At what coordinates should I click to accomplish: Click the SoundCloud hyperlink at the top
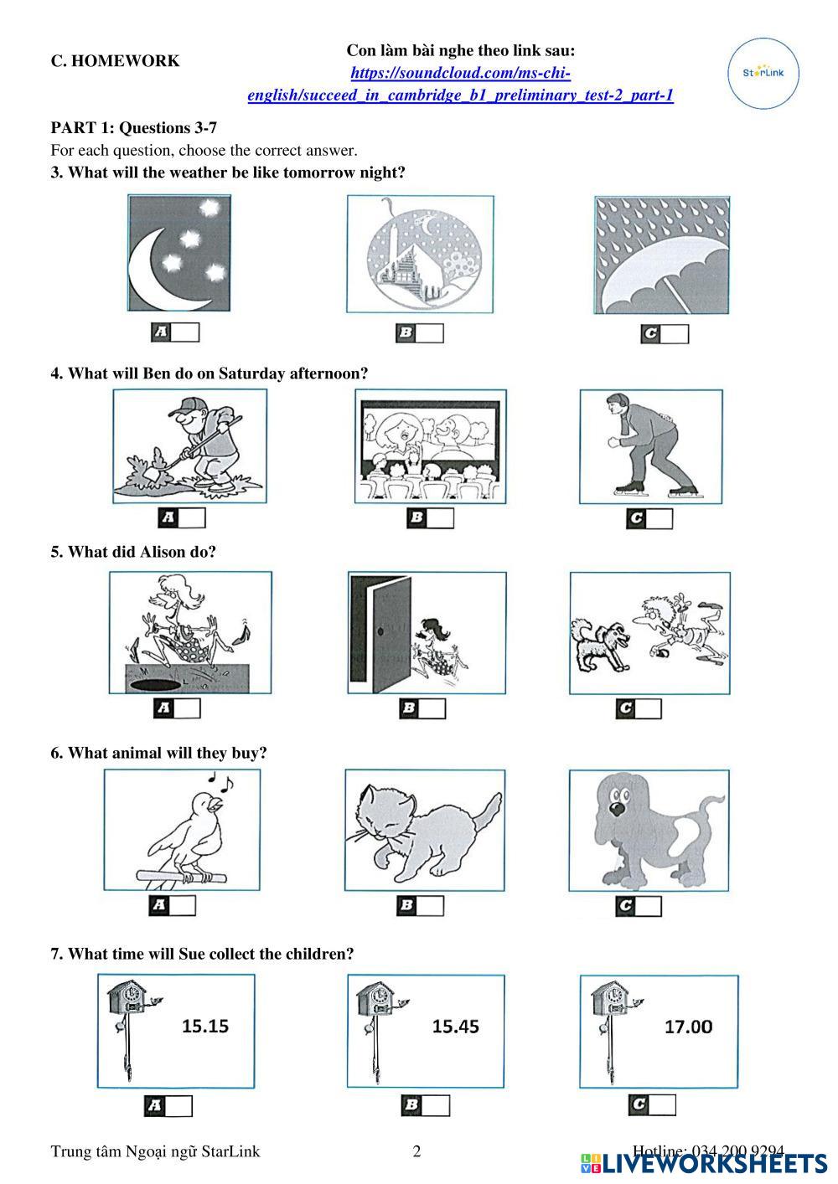point(460,84)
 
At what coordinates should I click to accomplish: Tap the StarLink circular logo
point(763,73)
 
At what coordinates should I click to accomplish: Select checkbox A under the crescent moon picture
point(185,332)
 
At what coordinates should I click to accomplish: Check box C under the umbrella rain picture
point(675,334)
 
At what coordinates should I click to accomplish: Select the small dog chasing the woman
point(599,644)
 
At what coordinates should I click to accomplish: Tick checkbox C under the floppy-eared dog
point(647,906)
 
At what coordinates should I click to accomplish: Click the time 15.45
point(456,1026)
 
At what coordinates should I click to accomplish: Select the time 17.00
point(688,1027)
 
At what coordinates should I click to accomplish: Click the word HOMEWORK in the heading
point(126,61)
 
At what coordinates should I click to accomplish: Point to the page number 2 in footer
point(416,1151)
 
